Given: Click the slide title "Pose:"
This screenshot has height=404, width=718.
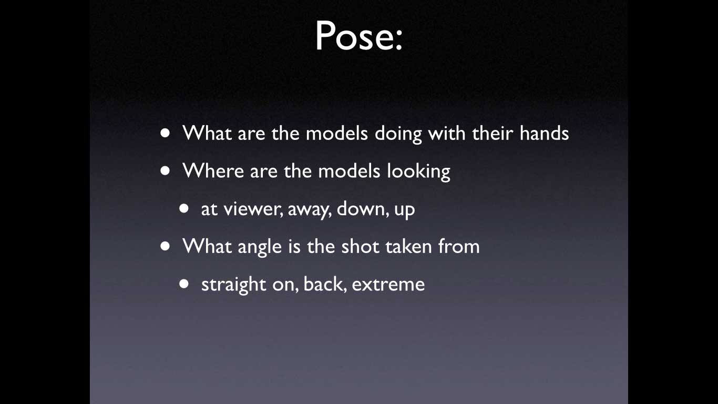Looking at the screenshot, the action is click(x=358, y=35).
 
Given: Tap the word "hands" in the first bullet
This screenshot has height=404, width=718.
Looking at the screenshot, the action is click(x=544, y=133).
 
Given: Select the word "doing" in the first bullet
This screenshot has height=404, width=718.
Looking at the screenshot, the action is click(x=398, y=134).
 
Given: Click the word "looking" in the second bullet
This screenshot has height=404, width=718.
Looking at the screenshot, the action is click(x=418, y=171).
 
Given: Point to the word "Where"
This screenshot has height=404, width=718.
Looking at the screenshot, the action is click(x=213, y=171).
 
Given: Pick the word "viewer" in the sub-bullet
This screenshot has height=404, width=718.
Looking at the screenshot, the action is click(x=253, y=209).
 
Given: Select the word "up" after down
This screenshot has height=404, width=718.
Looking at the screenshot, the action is click(x=405, y=211).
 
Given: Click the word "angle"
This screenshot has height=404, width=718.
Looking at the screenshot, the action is click(x=260, y=247).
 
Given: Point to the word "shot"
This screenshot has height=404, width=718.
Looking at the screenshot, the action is click(x=360, y=246).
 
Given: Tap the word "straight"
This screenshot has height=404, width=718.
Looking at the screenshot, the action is click(x=234, y=285).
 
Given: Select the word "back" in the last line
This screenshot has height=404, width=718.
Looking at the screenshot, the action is click(x=325, y=284).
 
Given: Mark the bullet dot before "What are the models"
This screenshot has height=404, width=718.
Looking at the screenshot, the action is click(x=166, y=133).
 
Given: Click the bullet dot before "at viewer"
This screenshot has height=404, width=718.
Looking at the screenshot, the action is click(x=184, y=209).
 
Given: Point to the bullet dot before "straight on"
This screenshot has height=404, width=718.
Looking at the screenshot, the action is click(x=184, y=284).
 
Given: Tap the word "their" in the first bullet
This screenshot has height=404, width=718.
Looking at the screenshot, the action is click(x=493, y=133).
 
